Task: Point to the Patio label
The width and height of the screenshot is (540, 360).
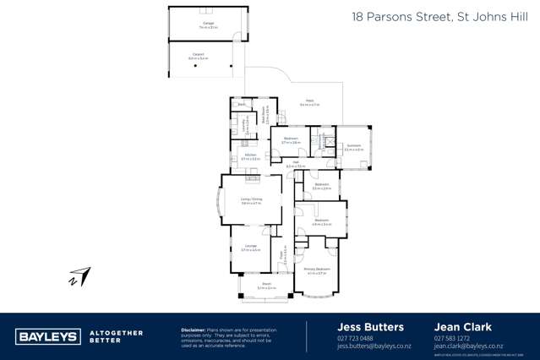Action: [309, 101]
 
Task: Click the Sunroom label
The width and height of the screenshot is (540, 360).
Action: [354, 145]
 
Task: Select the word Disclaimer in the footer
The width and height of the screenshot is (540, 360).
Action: [196, 330]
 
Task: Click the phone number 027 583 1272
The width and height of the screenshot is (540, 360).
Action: [451, 338]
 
